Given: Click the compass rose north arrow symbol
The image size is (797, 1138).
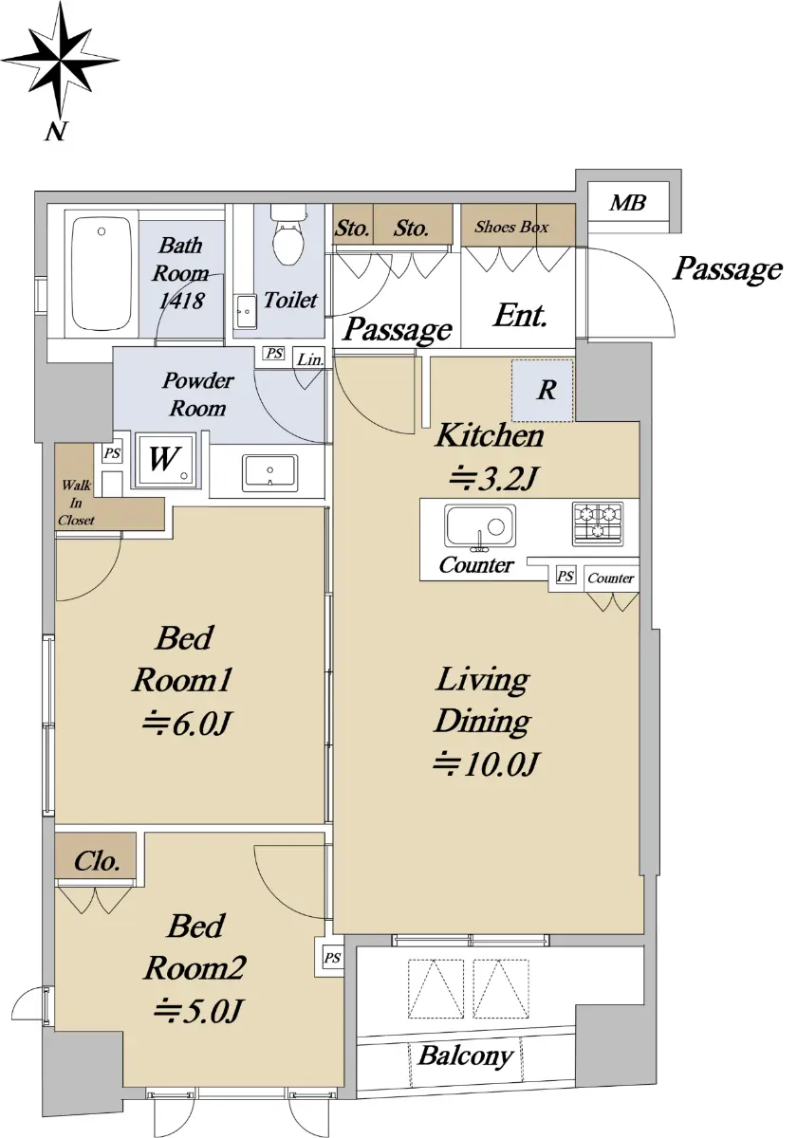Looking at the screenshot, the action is click(61, 60).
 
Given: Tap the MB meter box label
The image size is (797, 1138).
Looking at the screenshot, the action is click(628, 203).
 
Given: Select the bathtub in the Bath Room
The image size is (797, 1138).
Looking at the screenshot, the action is click(102, 274).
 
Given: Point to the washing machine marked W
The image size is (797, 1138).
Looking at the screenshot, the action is click(164, 459).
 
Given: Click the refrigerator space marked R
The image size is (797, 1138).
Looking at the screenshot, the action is click(543, 390).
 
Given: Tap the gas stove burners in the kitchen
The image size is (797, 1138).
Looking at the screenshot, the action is click(598, 523).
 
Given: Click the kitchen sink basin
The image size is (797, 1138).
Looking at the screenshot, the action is click(480, 525).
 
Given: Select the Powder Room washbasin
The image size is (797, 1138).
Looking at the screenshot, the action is click(269, 473).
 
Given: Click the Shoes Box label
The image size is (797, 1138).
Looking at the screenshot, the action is click(511, 227).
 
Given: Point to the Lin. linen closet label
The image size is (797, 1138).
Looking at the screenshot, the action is click(310, 360).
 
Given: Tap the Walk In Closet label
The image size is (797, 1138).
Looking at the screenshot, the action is click(76, 503).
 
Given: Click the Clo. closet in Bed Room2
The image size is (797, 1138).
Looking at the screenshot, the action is click(96, 861).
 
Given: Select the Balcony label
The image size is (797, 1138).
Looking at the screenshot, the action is click(465, 1056).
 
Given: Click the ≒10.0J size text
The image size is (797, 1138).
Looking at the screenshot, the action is click(486, 765).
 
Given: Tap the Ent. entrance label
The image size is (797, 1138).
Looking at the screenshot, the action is click(520, 316).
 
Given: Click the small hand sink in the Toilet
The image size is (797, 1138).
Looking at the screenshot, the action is click(246, 311).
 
